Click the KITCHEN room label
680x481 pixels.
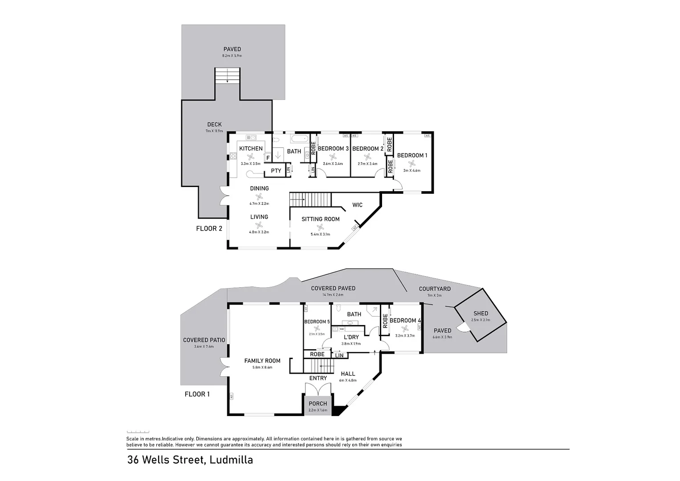click(x=251, y=148)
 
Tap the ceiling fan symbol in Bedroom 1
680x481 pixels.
click(x=412, y=163)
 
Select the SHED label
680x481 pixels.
click(x=480, y=314)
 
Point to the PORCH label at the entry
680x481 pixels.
click(x=318, y=404)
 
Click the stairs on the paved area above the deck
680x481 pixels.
click(x=228, y=76)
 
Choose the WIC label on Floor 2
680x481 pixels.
click(x=357, y=205)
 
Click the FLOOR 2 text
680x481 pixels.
click(x=209, y=229)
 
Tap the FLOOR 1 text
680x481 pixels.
click(x=197, y=394)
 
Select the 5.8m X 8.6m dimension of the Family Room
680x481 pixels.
click(x=262, y=367)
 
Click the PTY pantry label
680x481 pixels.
click(x=276, y=171)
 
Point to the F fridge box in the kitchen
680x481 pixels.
click(x=268, y=158)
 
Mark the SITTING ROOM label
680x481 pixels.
click(x=320, y=219)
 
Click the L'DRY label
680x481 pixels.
click(x=351, y=337)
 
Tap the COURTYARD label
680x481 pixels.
click(x=435, y=289)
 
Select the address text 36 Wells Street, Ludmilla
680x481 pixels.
click(x=190, y=460)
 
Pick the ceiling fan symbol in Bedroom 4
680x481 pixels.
click(x=404, y=329)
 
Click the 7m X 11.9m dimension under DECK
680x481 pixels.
click(x=214, y=131)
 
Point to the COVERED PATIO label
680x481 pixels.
click(x=204, y=340)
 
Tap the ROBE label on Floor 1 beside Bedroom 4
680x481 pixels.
click(x=385, y=321)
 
